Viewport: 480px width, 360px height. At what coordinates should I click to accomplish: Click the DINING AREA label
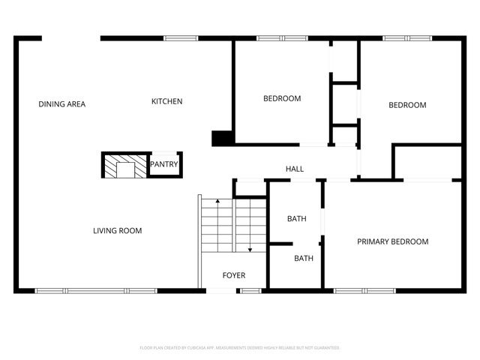point(62,104)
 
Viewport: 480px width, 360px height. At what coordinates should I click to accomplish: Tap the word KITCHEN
point(166,101)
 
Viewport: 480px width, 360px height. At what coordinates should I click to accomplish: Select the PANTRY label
point(163,164)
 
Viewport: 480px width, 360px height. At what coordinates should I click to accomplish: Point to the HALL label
point(295,169)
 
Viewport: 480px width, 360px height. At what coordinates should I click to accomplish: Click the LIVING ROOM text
point(117,230)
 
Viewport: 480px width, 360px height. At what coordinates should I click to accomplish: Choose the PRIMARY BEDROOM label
point(392,241)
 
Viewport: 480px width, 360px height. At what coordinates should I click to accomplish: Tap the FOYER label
point(234,275)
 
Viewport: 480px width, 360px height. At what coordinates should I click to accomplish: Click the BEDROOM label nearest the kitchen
point(282,98)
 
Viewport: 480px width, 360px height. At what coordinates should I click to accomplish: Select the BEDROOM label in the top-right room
point(407,105)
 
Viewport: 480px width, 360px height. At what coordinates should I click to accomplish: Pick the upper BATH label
point(297,219)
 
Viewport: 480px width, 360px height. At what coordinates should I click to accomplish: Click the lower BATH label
point(304,258)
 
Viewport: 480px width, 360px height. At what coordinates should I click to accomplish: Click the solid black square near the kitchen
point(222,138)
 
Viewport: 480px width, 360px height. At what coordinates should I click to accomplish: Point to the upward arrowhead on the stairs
point(217,202)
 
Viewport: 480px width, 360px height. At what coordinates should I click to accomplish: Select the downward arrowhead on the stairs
point(250,251)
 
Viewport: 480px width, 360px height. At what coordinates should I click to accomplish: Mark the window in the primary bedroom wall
point(355,290)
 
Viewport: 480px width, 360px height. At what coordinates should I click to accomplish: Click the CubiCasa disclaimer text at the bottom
point(240,348)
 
